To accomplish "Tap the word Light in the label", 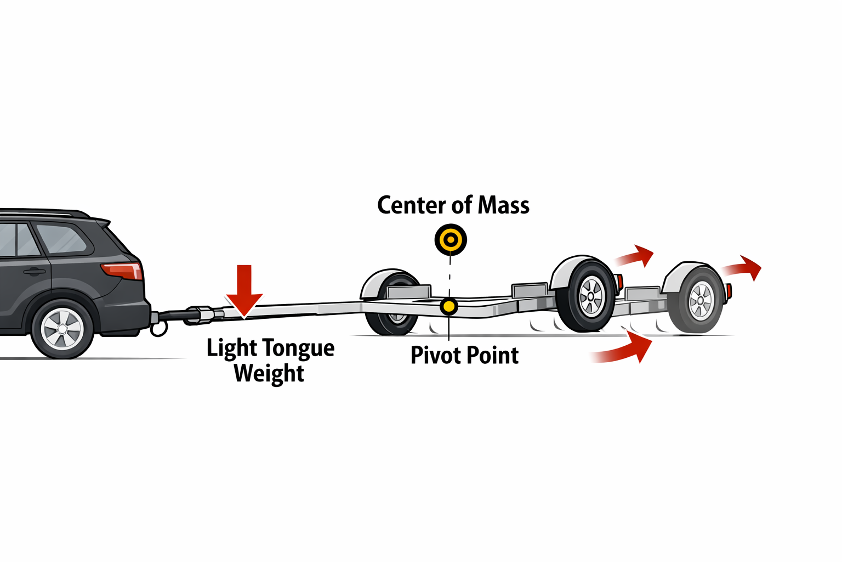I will (x=231, y=349).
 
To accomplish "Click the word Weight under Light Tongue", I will (x=269, y=374).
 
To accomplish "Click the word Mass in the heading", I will (x=503, y=205).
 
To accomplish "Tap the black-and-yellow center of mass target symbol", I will (x=451, y=240).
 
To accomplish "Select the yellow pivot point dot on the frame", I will (x=449, y=306).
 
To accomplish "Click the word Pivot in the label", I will (x=433, y=356).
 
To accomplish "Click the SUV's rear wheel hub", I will (x=62, y=329).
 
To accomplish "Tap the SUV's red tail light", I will (x=122, y=271).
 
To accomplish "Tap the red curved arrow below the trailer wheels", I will (x=625, y=350).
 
